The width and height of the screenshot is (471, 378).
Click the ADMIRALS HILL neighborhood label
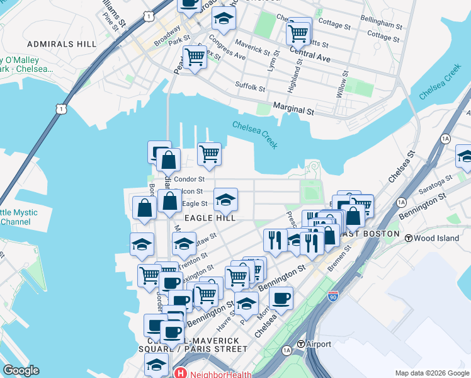62,44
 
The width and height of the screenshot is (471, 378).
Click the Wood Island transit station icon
408,238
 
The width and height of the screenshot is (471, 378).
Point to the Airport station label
319,345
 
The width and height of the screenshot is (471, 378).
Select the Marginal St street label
293,110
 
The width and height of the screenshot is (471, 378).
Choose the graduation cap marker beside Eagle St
225,201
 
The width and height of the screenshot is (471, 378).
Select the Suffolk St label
250,87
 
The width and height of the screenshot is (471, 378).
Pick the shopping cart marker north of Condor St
209,153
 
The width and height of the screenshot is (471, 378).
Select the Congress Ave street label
227,51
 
